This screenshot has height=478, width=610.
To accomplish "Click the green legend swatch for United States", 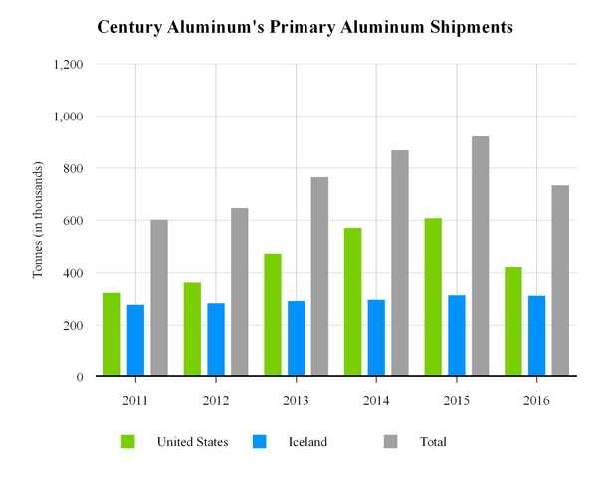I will (x=128, y=441).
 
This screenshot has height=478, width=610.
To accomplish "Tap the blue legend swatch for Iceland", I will (x=260, y=441).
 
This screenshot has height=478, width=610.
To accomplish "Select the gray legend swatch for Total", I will (x=391, y=441).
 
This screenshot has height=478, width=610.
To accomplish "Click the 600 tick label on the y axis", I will (x=72, y=221).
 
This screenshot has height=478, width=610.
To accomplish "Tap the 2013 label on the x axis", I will (x=296, y=399).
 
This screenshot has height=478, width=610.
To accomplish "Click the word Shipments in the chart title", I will (x=462, y=28).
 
